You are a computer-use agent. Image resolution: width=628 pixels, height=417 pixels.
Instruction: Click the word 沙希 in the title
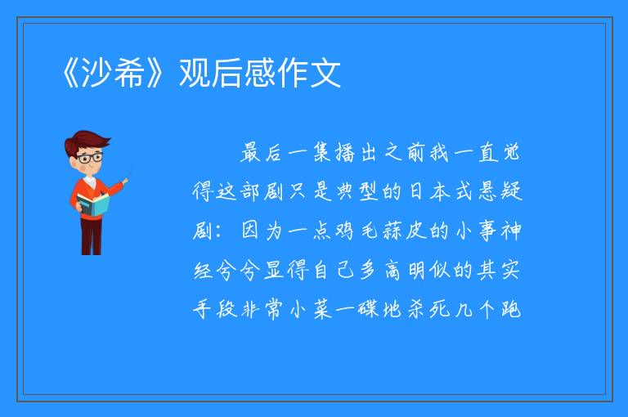(x=113, y=73)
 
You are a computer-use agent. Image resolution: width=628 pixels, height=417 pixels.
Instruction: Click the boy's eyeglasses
(x=90, y=158)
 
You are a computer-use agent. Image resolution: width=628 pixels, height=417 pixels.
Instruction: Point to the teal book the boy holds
(x=93, y=204)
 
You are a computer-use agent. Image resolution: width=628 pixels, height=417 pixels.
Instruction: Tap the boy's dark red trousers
(x=91, y=236)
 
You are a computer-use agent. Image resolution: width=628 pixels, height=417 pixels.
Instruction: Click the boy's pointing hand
(x=125, y=182)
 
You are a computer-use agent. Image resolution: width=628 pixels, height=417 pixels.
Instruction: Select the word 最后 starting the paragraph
(x=261, y=152)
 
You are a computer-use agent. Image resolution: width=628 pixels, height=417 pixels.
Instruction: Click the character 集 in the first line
(x=322, y=152)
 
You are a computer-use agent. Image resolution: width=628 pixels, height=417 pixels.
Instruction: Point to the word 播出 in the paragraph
(x=357, y=152)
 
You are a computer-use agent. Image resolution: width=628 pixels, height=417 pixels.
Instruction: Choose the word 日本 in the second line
(x=429, y=191)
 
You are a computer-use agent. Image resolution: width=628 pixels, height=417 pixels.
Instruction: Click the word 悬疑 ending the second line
(x=500, y=191)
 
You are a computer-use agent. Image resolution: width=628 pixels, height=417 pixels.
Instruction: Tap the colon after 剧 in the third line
(x=218, y=232)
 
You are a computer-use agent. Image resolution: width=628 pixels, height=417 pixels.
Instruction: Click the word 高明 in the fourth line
(x=406, y=270)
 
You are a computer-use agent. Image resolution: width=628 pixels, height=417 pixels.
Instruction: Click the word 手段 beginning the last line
(x=215, y=309)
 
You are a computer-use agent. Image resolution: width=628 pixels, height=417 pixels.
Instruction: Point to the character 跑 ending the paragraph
(x=511, y=309)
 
